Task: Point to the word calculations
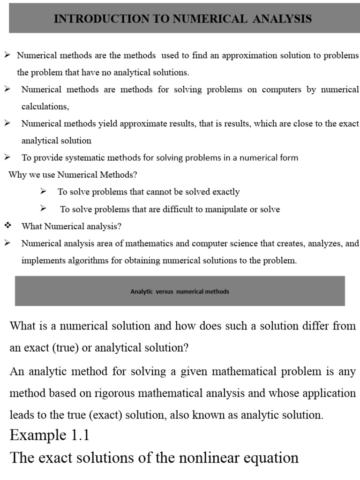[x=45, y=106]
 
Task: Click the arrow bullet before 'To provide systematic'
[x=7, y=157]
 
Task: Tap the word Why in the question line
[x=17, y=175]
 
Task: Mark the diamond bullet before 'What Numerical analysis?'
[x=7, y=226]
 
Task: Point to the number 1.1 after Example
[x=77, y=436]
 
